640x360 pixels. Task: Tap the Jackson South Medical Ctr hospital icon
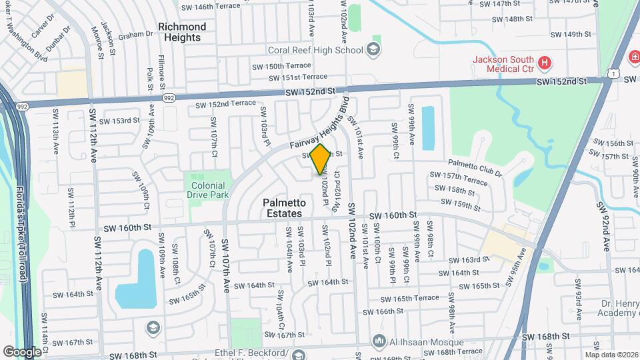(545, 63)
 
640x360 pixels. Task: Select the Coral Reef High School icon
(373, 49)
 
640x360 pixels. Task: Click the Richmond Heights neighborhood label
(182, 32)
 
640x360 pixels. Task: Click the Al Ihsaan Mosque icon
(380, 342)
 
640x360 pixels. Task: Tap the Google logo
(22, 351)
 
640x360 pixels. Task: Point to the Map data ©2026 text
(611, 355)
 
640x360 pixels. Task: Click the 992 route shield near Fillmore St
(169, 98)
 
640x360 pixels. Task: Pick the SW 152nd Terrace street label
(225, 104)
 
